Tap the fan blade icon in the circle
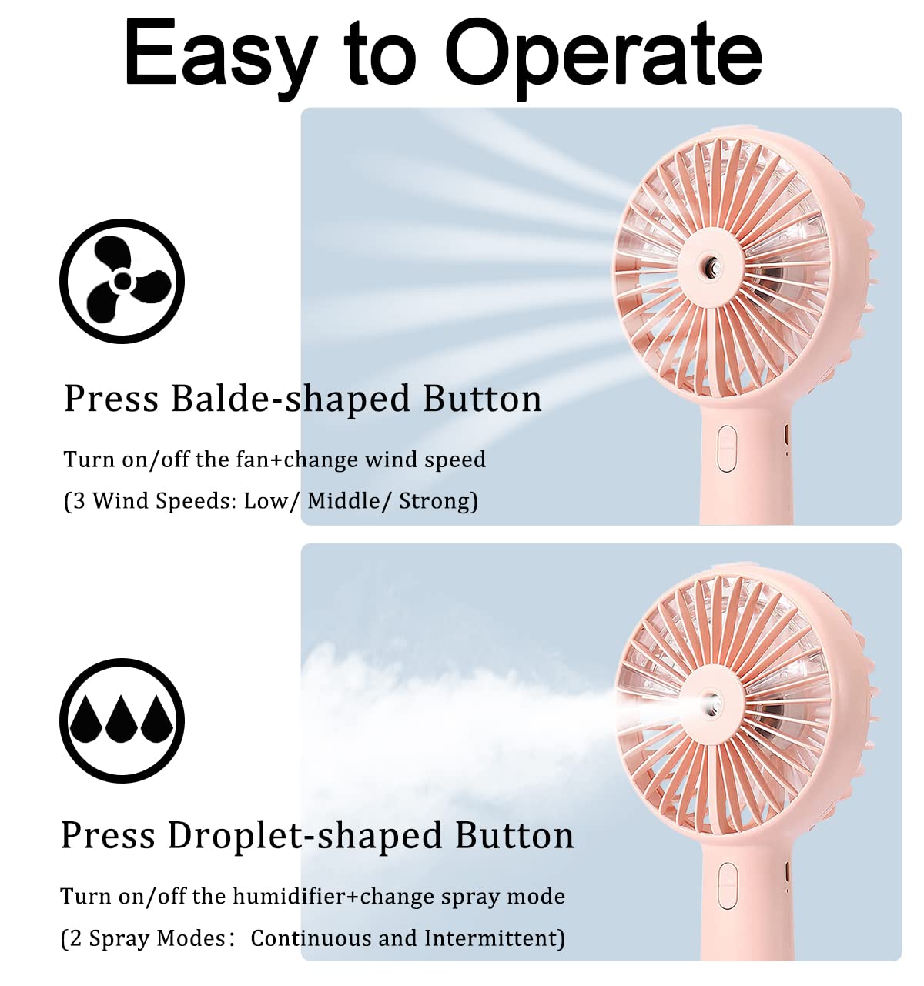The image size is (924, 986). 122,281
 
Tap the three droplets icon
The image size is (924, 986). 122,720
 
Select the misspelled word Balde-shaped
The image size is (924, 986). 290,399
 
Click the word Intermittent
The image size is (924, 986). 492,938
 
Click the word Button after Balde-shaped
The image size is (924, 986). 483,399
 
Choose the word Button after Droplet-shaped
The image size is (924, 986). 514,836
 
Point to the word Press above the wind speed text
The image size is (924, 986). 111,399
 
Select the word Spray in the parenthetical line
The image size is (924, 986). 119,938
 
